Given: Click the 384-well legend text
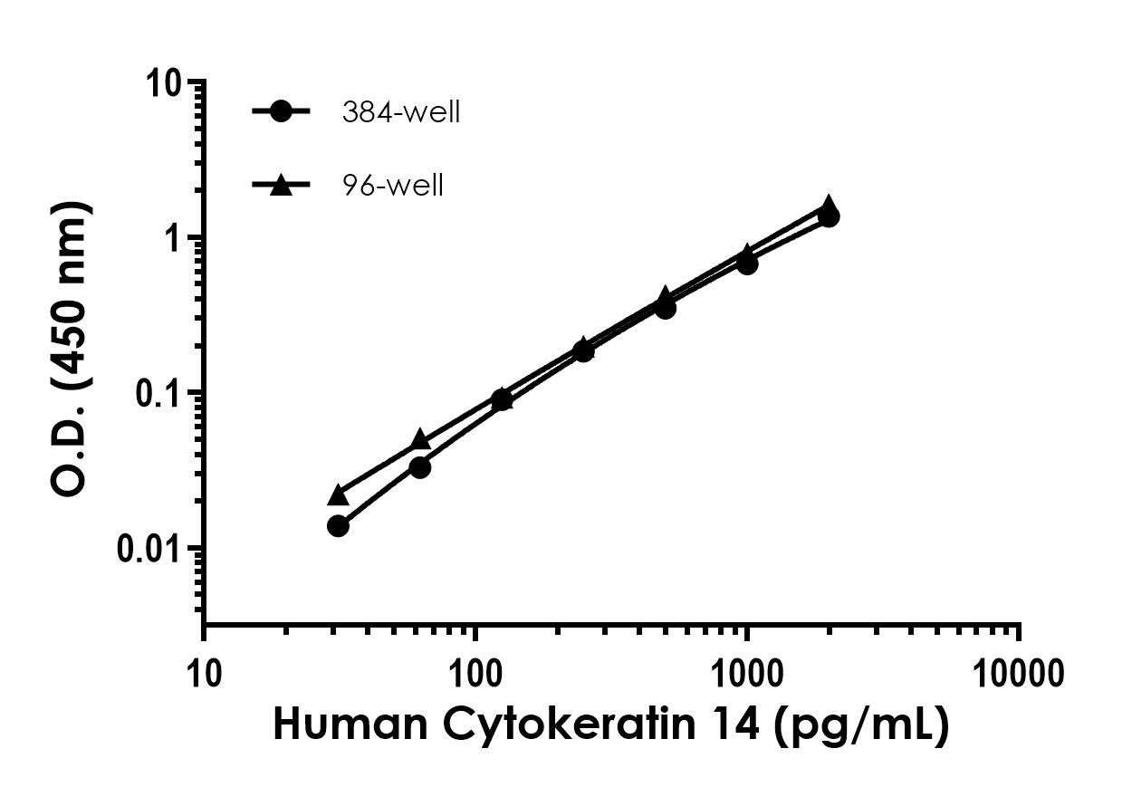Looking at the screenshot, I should coord(400,112).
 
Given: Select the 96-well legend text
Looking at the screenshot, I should coord(392,186).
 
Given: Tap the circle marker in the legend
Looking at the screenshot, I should coord(281,111).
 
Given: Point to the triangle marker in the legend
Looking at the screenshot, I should coord(281,185).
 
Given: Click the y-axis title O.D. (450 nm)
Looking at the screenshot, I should coord(71,348).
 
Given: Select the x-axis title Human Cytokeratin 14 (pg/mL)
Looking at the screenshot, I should coord(611,727).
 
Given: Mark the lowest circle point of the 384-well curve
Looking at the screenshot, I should coord(338,526).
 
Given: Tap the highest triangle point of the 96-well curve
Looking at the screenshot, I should coord(829,206).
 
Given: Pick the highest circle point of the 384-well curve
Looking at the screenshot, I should coord(829,216).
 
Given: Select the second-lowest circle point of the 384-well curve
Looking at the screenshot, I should coord(419,467).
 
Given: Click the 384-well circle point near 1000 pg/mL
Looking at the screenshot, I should coord(747,264).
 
